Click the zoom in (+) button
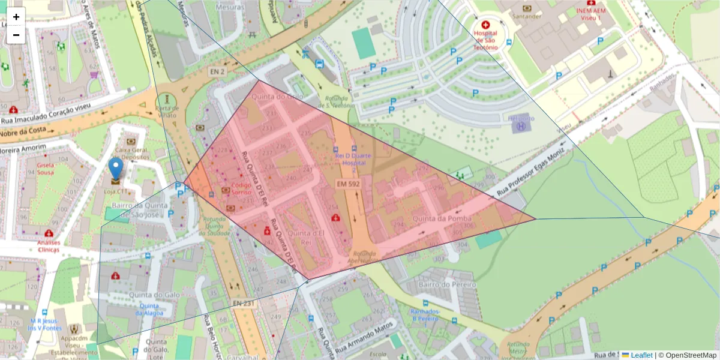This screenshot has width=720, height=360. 16,17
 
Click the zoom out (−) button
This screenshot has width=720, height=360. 16,35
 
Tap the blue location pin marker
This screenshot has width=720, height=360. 115,169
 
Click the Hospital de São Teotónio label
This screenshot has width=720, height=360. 485,40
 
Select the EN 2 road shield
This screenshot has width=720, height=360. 217,71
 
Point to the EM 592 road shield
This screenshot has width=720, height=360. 348,184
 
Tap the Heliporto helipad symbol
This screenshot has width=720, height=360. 521,123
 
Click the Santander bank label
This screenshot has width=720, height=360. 527,16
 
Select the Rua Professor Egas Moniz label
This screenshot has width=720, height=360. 533,170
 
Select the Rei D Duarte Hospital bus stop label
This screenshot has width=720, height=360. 353,158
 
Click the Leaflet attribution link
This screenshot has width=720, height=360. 641,355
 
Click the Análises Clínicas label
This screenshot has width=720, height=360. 48,246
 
